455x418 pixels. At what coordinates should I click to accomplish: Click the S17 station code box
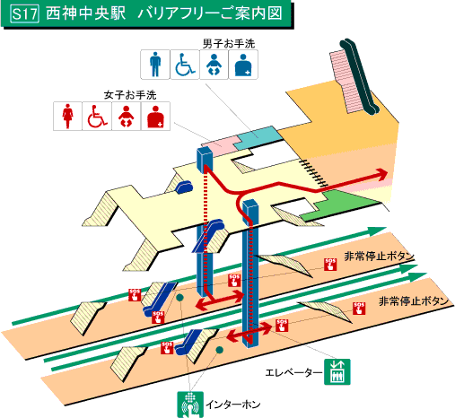click(x=21, y=16)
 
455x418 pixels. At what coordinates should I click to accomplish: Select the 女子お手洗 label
click(x=131, y=94)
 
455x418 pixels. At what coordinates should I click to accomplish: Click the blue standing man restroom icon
click(x=155, y=65)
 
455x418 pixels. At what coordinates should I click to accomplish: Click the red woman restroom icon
click(x=68, y=117)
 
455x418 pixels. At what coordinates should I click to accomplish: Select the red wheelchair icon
click(x=97, y=117)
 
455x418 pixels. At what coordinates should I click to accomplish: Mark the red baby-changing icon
click(x=127, y=117)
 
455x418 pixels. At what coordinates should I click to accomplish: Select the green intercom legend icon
click(x=189, y=403)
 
